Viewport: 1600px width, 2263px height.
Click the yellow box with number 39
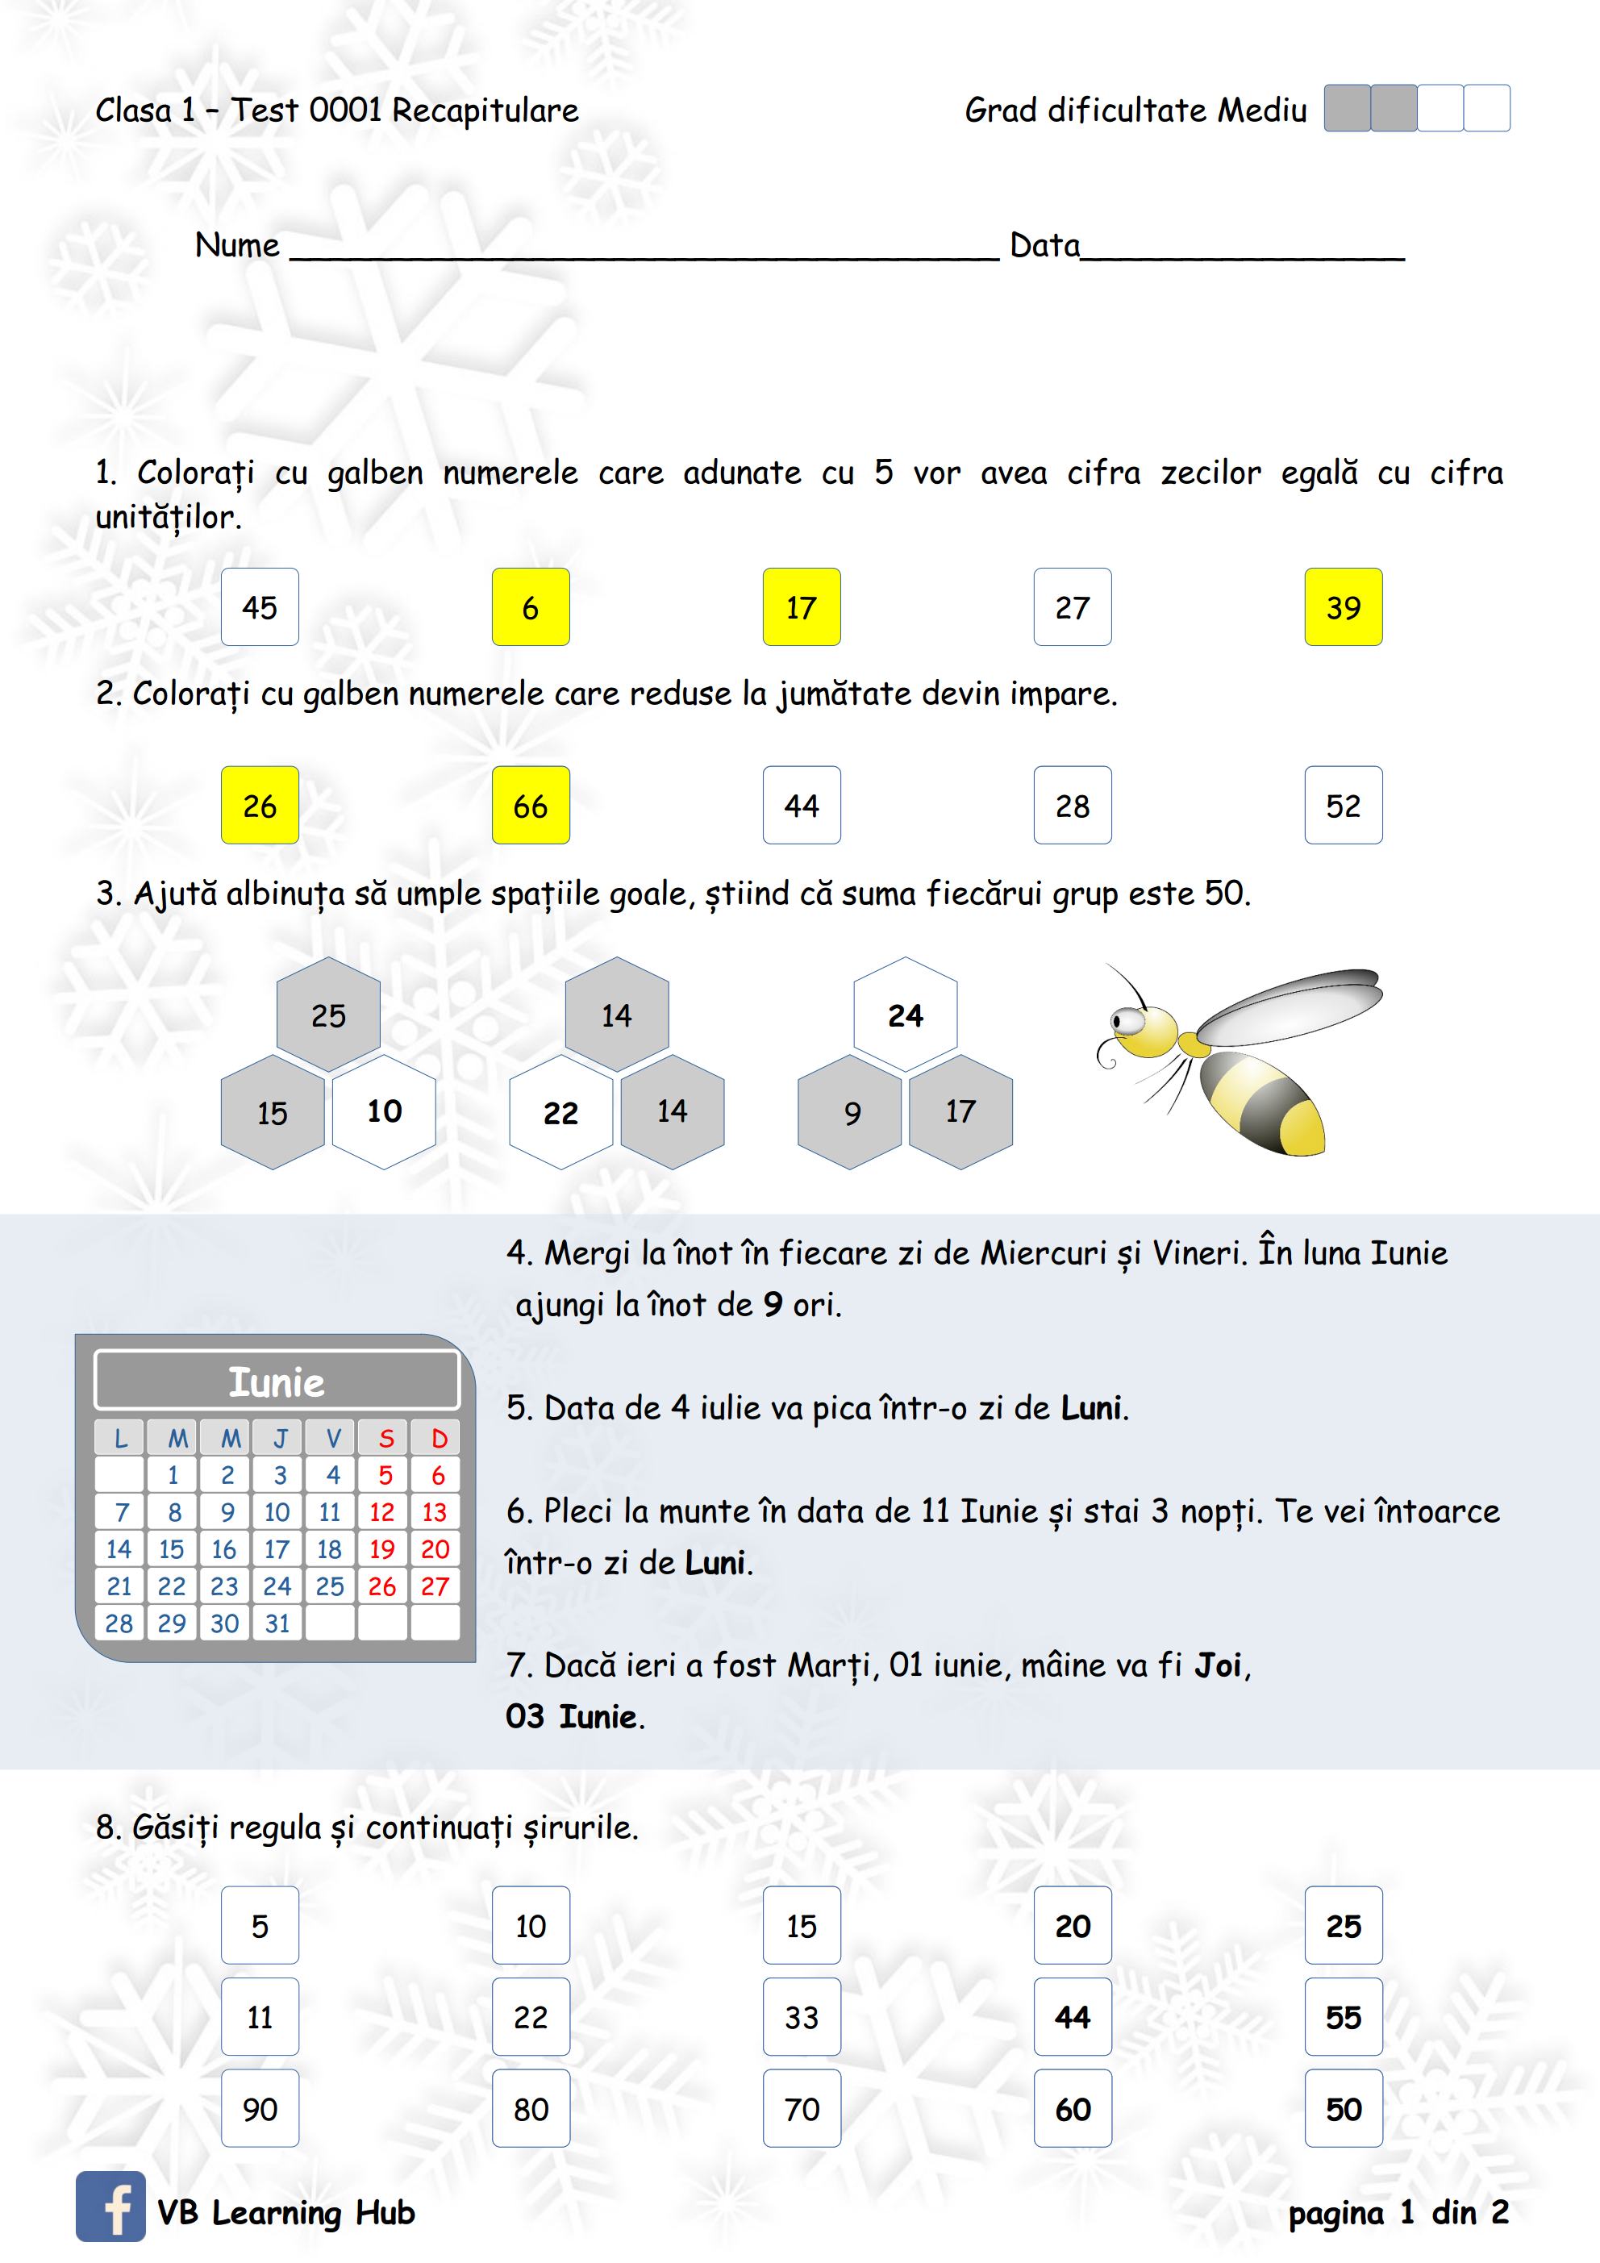point(1343,607)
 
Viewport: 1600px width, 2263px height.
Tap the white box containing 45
point(259,607)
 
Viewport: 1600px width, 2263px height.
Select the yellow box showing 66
point(531,805)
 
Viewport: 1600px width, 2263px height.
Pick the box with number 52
point(1343,805)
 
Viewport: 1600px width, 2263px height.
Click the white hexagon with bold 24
point(905,1015)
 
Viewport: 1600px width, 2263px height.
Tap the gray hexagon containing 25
point(328,1015)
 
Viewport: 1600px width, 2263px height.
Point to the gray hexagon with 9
point(852,1113)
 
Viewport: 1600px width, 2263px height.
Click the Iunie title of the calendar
point(277,1382)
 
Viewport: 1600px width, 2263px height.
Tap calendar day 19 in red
point(381,1549)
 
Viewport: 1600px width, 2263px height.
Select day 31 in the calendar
point(277,1623)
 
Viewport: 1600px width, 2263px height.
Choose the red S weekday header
point(385,1439)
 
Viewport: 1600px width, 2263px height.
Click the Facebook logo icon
point(110,2206)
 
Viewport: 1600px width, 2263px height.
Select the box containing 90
point(259,2109)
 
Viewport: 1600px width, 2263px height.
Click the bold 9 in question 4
point(773,1305)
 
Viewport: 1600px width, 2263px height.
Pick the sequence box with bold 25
point(1343,1926)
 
